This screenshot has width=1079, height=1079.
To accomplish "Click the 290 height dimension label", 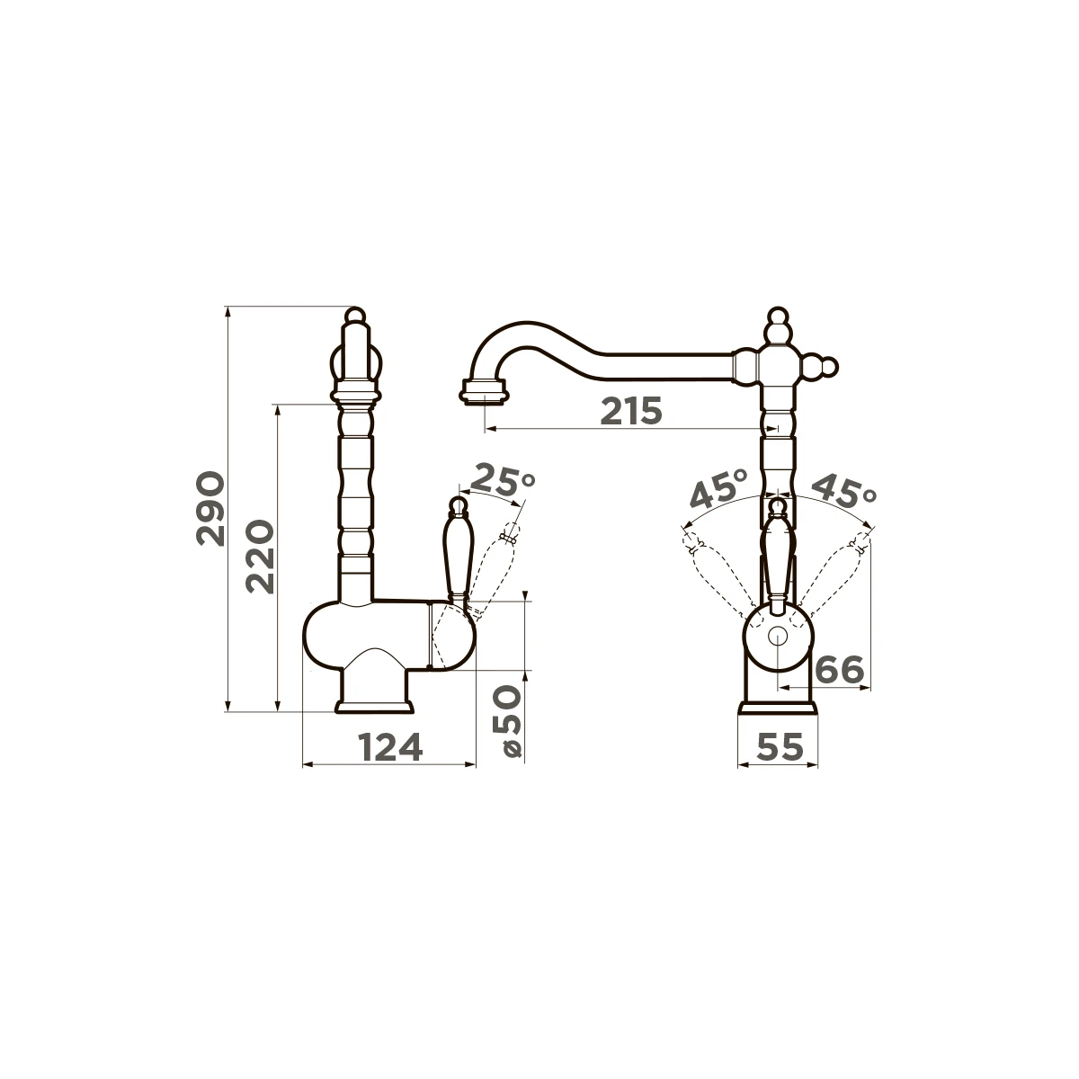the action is [x=210, y=508].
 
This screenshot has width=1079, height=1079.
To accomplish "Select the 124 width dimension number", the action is [x=389, y=747].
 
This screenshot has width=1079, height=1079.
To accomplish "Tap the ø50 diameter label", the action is [x=512, y=722].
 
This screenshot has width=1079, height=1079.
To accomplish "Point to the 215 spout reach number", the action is [x=631, y=412].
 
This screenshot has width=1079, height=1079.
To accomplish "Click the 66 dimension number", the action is [x=839, y=670].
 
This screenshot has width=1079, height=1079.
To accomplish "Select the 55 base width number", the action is [x=780, y=746].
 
